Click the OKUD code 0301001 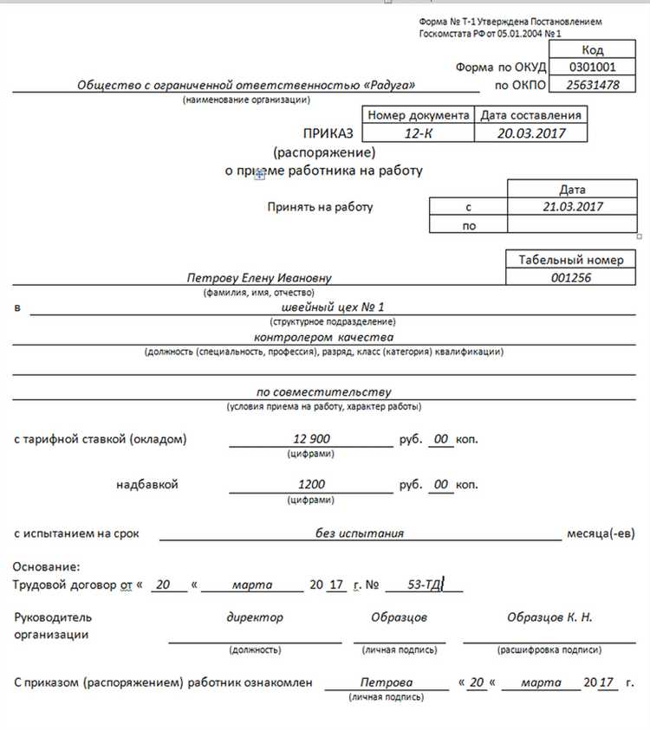point(593,67)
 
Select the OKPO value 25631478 point(593,85)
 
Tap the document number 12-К point(417,133)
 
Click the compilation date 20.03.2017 point(530,133)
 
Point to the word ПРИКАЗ point(328,133)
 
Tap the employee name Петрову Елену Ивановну point(259,278)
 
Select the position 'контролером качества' point(324,336)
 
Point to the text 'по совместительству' point(323,391)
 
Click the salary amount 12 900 point(311,439)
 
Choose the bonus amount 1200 point(311,484)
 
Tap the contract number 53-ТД point(426,585)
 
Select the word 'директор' point(255,617)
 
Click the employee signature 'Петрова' point(387,682)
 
